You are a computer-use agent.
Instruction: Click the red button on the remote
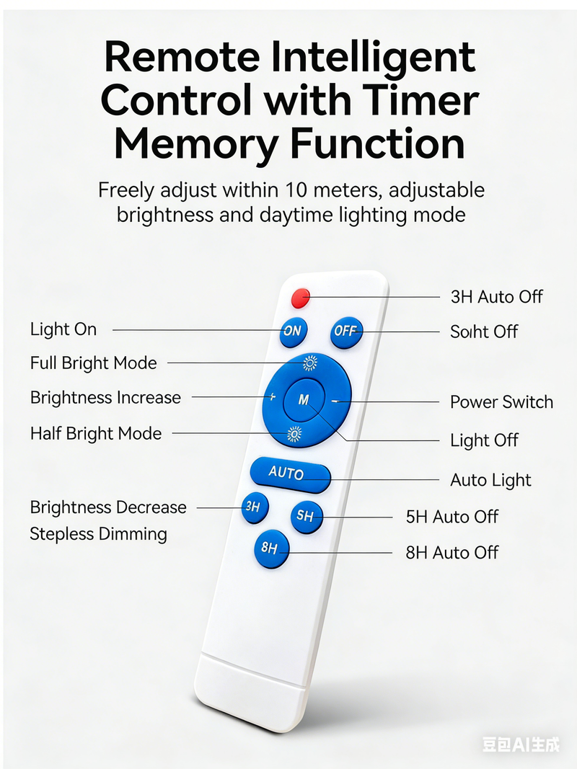click(x=300, y=298)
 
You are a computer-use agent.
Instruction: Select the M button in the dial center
click(x=304, y=400)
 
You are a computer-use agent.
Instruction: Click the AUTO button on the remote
click(x=290, y=474)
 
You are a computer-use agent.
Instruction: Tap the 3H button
click(x=255, y=507)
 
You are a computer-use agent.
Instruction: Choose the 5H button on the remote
click(x=307, y=517)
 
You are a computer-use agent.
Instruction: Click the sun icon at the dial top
click(x=309, y=363)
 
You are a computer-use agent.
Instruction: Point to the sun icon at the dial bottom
click(x=294, y=434)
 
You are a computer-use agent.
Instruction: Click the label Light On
click(x=63, y=329)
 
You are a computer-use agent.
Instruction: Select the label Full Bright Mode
click(x=93, y=363)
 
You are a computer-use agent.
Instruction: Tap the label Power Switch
click(x=501, y=402)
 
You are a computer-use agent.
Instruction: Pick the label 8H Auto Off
click(x=452, y=553)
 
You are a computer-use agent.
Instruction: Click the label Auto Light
click(x=490, y=480)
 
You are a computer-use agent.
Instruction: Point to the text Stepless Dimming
click(x=98, y=534)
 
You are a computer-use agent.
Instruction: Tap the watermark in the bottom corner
click(x=521, y=744)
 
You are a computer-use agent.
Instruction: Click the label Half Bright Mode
click(x=96, y=434)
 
